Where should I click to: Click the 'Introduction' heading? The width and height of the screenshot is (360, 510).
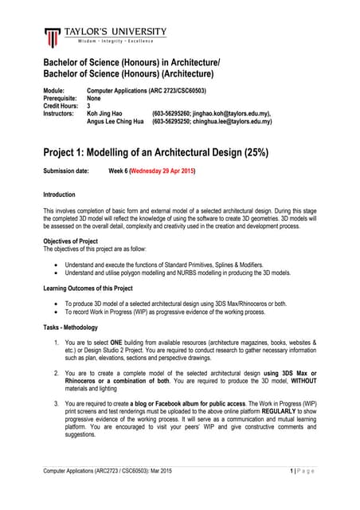point(59,194)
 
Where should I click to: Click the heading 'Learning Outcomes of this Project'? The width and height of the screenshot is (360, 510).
point(88,288)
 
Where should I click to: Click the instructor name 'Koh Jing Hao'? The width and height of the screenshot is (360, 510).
point(105,114)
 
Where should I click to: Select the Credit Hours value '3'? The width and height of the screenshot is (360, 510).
point(88,106)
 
